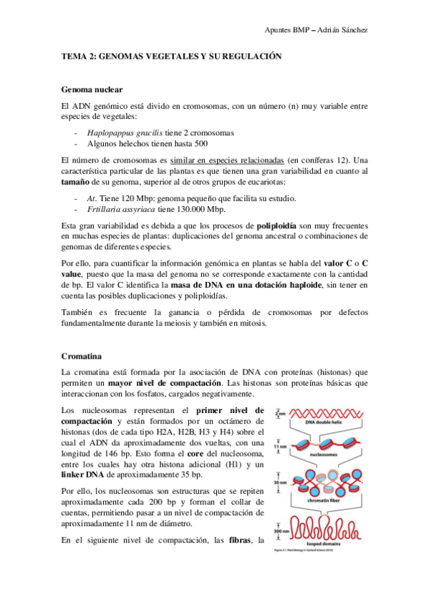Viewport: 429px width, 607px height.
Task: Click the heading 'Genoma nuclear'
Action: click(x=92, y=89)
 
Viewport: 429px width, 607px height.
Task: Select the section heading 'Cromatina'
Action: click(x=83, y=354)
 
